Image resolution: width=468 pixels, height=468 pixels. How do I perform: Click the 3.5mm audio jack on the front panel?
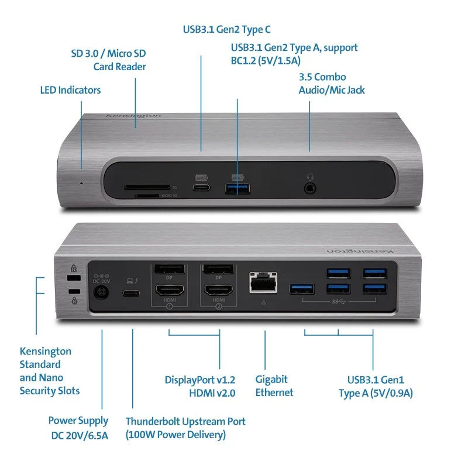click(x=310, y=188)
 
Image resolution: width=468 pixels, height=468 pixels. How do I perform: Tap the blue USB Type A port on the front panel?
click(x=238, y=188)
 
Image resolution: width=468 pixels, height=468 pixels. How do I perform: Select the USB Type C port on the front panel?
click(x=202, y=188)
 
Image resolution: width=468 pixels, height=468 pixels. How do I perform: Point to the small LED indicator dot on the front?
click(x=81, y=183)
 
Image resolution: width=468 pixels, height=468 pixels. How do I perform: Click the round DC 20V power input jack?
click(x=102, y=292)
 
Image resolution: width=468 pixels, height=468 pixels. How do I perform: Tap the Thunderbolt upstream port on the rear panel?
click(x=132, y=294)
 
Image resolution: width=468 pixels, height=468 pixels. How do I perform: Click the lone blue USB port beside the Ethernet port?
click(x=302, y=288)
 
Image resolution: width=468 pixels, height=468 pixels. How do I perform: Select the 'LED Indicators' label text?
click(x=70, y=90)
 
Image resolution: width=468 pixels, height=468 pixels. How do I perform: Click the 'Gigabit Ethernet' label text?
click(x=274, y=386)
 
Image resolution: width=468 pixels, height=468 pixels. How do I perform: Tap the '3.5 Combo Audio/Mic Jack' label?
click(x=331, y=83)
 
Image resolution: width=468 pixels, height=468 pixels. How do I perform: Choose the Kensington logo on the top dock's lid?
click(x=133, y=116)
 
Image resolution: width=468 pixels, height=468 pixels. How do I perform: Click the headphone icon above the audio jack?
click(x=310, y=175)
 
